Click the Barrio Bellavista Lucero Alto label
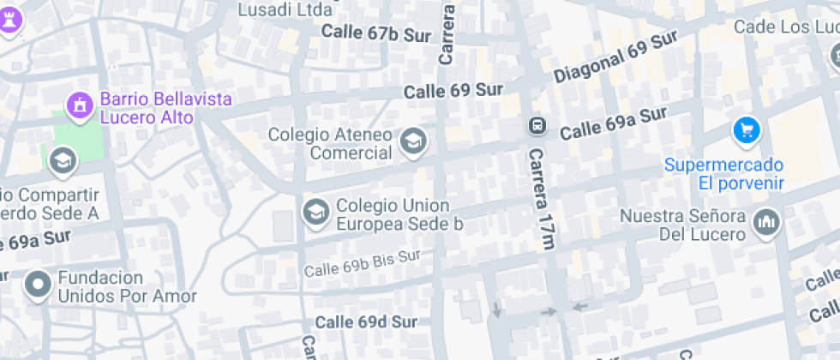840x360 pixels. click(147, 108)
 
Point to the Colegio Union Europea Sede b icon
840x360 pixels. click(315, 212)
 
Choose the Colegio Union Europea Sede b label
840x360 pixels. click(399, 214)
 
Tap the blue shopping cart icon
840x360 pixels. click(747, 130)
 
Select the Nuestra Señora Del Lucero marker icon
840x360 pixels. click(766, 224)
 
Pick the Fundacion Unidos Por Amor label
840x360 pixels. click(127, 287)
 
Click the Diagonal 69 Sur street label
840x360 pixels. click(615, 59)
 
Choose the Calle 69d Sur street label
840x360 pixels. click(366, 322)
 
